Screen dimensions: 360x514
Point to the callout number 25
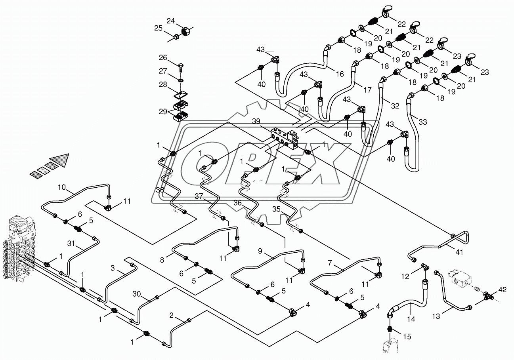point(158,28)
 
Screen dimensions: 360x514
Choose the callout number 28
point(163,85)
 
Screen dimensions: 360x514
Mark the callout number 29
point(163,112)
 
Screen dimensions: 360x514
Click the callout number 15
point(407,337)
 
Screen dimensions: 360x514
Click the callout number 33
point(423,122)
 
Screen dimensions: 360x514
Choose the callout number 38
point(159,190)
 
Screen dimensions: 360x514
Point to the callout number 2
point(171,316)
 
